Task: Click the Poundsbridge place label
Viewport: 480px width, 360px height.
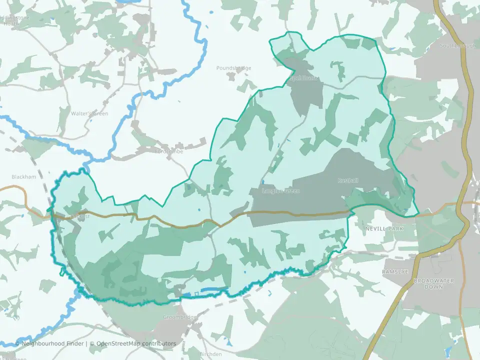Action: pos(233,68)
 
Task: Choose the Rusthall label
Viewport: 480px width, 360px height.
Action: pos(348,180)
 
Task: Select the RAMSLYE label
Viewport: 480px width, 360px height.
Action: pos(395,271)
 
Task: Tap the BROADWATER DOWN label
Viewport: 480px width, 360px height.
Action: pos(433,283)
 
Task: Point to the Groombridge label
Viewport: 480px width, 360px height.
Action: pos(180,317)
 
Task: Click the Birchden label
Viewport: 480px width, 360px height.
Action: pos(210,354)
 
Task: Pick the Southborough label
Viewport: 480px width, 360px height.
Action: pos(457,45)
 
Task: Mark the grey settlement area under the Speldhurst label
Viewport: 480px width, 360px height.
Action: pos(306,92)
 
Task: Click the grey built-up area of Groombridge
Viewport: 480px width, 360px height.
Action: pos(170,330)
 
